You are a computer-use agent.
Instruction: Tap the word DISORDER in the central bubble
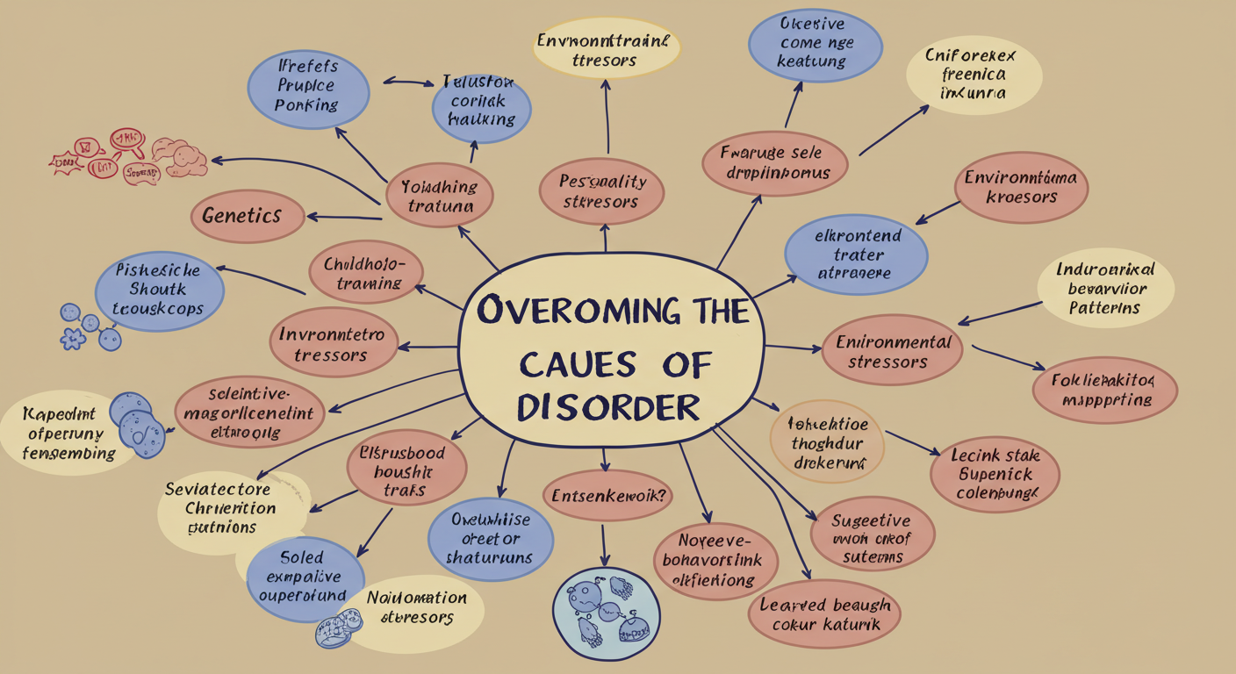click(x=608, y=406)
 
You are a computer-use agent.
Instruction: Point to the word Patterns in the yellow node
click(x=1104, y=308)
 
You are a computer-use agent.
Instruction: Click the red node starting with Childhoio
click(x=366, y=272)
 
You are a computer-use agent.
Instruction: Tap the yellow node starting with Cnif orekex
click(x=973, y=74)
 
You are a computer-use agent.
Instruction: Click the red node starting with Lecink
click(x=995, y=475)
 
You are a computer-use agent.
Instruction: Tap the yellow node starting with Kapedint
click(x=63, y=434)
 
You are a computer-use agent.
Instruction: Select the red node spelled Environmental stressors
click(x=892, y=350)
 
